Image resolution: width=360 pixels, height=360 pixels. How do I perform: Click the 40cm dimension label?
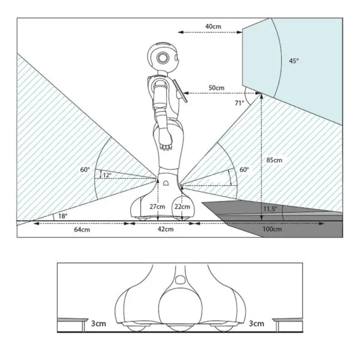(213, 26)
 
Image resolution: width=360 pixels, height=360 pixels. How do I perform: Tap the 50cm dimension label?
(216, 88)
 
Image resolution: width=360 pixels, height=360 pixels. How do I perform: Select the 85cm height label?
(274, 160)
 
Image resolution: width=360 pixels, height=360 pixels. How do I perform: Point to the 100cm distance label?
(272, 229)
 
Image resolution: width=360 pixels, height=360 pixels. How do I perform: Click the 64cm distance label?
(82, 229)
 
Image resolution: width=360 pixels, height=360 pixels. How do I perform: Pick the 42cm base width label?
(166, 229)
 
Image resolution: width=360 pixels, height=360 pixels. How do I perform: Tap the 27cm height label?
(157, 206)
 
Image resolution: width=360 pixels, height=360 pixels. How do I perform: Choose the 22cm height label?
(182, 206)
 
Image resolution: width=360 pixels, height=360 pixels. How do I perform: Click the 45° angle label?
(294, 61)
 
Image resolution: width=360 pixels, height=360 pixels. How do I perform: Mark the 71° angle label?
(239, 103)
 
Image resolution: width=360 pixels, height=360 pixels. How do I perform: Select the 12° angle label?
(107, 175)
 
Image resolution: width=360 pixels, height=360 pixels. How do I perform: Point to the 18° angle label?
(62, 216)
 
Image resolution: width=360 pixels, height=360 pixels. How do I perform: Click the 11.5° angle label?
(270, 209)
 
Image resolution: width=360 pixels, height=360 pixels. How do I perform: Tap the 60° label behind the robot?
(85, 170)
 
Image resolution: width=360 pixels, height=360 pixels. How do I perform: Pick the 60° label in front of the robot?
(244, 170)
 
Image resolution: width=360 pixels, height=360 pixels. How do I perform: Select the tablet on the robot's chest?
(181, 91)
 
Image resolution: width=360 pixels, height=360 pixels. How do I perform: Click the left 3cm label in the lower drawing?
(98, 323)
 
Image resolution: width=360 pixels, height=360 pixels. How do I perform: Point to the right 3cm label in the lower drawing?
(256, 323)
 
